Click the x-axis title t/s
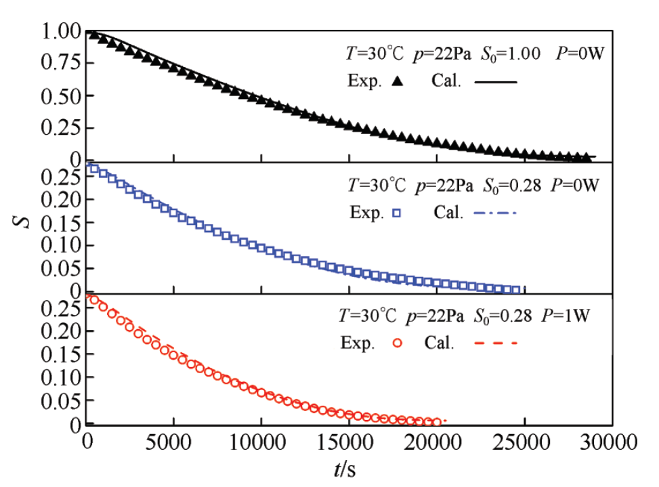(349, 468)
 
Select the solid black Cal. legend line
(496, 81)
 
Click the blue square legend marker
(398, 213)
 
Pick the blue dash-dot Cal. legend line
(496, 213)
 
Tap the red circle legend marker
(398, 343)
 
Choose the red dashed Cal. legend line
(496, 343)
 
